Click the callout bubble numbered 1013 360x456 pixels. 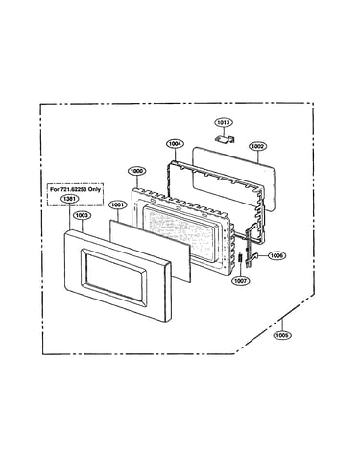tap(223, 122)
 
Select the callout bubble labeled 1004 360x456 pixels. tap(176, 144)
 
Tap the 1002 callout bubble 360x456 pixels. tap(257, 146)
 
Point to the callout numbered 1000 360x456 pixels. tap(136, 171)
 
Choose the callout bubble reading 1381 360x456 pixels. tap(69, 199)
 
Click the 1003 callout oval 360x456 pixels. tap(83, 215)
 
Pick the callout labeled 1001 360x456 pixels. tap(118, 204)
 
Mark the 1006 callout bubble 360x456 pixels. tap(276, 255)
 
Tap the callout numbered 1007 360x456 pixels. tap(241, 281)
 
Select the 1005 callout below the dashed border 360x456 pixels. tap(282, 335)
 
